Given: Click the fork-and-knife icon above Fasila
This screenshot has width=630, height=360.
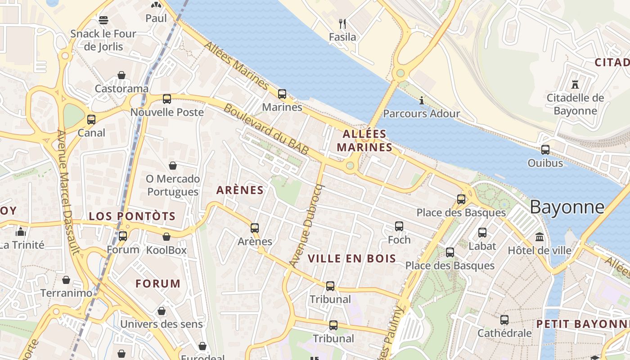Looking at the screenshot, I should [x=342, y=23].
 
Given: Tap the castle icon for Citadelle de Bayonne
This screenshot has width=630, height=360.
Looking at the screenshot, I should [x=575, y=84].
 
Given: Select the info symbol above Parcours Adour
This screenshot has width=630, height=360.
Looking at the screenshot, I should [x=422, y=100].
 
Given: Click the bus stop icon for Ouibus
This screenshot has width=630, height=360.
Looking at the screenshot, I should [x=545, y=150].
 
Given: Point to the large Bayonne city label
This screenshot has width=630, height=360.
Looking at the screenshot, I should [x=567, y=207].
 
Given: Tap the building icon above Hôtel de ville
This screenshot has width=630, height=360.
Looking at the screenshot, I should [x=539, y=237].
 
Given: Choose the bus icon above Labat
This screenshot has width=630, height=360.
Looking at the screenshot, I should [x=482, y=233].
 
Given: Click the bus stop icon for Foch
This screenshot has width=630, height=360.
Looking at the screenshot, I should [x=399, y=226].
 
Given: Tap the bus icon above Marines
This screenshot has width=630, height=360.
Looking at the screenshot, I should [x=282, y=94].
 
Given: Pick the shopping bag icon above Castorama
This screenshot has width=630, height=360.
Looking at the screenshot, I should [x=121, y=75].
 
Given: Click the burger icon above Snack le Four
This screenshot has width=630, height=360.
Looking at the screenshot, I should [x=103, y=20].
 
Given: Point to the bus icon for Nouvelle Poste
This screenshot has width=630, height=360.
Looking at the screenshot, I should [x=167, y=99].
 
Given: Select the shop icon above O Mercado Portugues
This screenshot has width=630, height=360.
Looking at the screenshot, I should [x=173, y=166].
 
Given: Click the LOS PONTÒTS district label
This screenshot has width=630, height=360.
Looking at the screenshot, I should [x=132, y=216].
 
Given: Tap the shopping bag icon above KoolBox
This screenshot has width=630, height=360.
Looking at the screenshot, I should [x=166, y=237].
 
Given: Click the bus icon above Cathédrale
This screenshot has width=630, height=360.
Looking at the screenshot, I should [x=504, y=320].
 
